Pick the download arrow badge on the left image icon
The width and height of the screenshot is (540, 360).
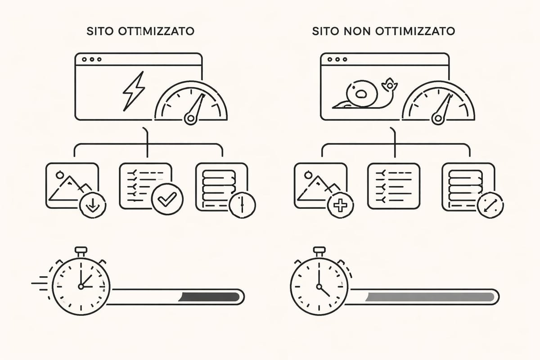(93, 206)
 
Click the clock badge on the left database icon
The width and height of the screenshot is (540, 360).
(242, 205)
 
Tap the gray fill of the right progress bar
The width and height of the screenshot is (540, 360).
(430, 296)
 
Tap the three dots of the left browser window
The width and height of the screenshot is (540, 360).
(87, 59)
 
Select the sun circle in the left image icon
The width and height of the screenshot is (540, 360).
(58, 172)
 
